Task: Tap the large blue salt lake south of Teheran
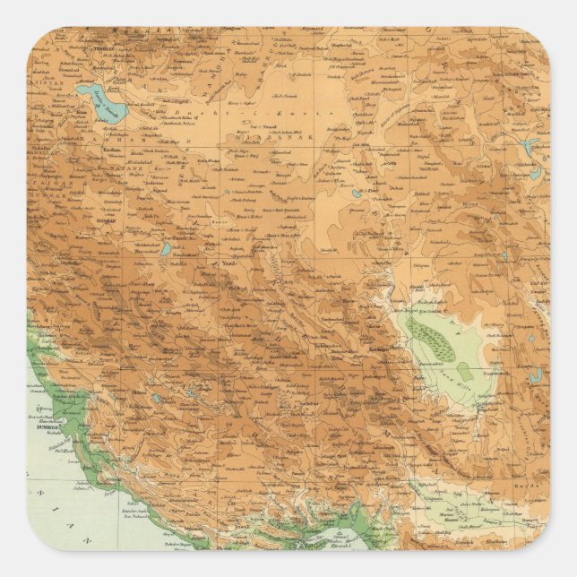click(x=100, y=101)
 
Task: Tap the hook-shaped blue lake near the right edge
click(x=535, y=374)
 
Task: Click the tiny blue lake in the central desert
click(x=357, y=192)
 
